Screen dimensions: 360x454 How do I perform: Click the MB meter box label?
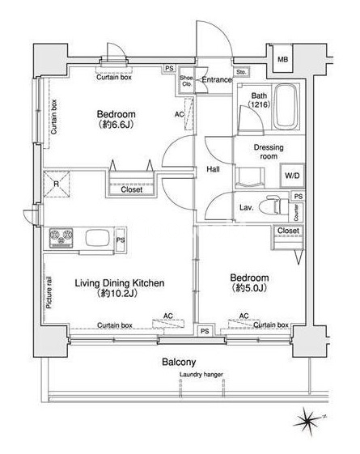pyautogui.click(x=282, y=60)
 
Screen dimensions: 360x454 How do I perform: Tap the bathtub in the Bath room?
pyautogui.click(x=286, y=107)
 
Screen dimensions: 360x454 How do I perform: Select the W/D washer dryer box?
pyautogui.click(x=292, y=176)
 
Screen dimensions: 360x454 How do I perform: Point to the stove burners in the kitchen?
pyautogui.click(x=61, y=238)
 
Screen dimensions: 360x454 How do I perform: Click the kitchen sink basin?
pyautogui.click(x=97, y=237)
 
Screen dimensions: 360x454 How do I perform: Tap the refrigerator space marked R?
pyautogui.click(x=57, y=184)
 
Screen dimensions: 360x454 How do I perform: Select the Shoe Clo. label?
pyautogui.click(x=186, y=81)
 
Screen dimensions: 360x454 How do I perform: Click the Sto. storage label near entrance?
pyautogui.click(x=241, y=72)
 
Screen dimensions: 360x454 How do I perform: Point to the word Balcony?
pyautogui.click(x=179, y=362)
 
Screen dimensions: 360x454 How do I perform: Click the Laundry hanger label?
pyautogui.click(x=201, y=375)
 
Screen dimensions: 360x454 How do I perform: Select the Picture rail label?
pyautogui.click(x=49, y=292)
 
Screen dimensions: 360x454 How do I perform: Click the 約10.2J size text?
pyautogui.click(x=117, y=294)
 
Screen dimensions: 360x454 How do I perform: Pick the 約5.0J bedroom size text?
pyautogui.click(x=249, y=288)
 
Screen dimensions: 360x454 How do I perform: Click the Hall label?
pyautogui.click(x=213, y=169)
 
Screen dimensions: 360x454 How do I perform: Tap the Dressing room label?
pyautogui.click(x=269, y=151)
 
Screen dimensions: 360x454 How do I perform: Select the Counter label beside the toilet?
pyautogui.click(x=296, y=213)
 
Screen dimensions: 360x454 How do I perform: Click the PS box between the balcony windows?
pyautogui.click(x=205, y=331)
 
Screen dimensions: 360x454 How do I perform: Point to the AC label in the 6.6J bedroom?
pyautogui.click(x=179, y=114)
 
